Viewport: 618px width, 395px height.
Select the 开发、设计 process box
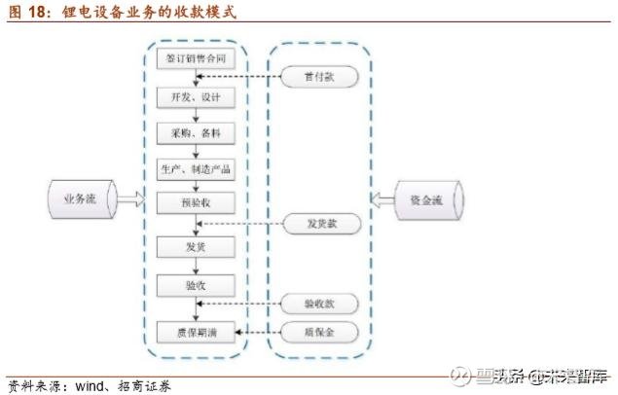(198, 98)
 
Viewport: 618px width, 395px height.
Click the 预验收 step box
(198, 202)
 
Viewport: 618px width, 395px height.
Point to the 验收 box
(198, 285)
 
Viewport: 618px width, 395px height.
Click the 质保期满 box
(198, 332)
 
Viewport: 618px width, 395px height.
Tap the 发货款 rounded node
(320, 225)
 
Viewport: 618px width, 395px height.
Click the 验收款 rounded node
(320, 304)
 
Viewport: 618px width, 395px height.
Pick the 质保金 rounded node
(320, 332)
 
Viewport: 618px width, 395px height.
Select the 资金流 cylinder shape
(427, 200)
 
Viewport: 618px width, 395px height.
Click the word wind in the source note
(85, 384)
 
